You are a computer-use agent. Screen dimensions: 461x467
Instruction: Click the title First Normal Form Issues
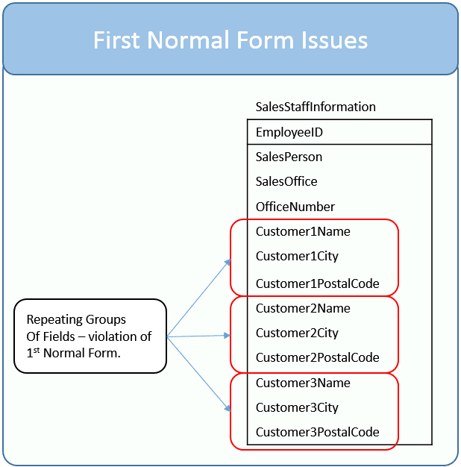pos(230,40)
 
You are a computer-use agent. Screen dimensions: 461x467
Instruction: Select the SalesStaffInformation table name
pos(316,107)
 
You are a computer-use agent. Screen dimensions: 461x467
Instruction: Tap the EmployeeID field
pos(289,133)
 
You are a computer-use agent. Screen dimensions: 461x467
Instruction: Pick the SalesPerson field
pos(289,157)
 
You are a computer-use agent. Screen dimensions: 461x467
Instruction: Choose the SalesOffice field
pos(286,181)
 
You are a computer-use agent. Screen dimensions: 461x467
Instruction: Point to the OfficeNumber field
pos(295,207)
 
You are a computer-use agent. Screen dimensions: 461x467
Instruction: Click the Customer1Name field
pos(303,231)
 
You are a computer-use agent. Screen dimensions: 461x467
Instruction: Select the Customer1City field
pos(297,257)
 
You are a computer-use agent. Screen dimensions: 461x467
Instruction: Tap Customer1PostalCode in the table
pos(318,283)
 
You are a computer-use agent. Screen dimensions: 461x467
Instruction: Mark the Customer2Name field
pos(303,308)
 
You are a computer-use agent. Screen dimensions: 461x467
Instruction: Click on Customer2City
pos(297,333)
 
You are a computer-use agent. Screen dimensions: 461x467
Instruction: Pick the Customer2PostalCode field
pos(318,357)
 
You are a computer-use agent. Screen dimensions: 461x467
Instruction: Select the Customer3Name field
pos(303,383)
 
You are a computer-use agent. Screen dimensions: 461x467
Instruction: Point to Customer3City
pos(297,408)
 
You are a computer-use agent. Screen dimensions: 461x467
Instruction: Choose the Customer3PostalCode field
pos(318,432)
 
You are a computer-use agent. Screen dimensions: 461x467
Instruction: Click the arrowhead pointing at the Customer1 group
pos(228,262)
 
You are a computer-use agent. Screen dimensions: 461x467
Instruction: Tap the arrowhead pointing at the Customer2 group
pos(228,336)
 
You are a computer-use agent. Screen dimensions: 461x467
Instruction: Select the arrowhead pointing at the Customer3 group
pos(228,408)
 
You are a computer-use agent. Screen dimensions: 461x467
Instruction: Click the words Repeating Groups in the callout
pos(76,320)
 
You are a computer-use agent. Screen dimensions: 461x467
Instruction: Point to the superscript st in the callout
pos(37,351)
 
